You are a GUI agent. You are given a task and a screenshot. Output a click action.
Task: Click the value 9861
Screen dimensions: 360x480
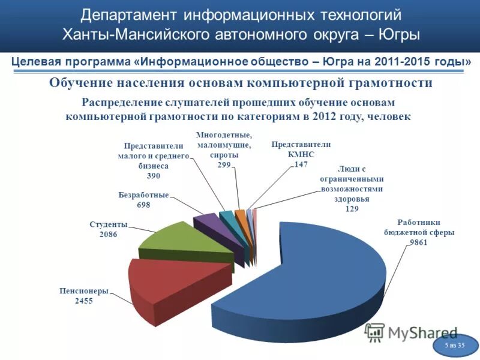418,242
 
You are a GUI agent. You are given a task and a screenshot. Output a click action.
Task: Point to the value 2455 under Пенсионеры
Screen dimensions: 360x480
83,301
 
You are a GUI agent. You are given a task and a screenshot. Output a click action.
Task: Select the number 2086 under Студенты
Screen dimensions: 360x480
108,234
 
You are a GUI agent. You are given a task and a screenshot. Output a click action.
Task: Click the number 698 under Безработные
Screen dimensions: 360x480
143,205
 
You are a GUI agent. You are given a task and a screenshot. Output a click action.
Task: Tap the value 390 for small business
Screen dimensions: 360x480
154,176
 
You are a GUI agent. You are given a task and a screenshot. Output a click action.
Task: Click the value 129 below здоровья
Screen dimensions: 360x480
352,208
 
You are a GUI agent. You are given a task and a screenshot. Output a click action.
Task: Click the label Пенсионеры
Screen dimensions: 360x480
84,291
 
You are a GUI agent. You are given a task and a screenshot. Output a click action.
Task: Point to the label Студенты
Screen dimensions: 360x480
109,224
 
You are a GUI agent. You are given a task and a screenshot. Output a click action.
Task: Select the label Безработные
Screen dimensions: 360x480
143,195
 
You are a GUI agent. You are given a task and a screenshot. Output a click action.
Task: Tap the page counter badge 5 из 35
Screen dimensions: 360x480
455,346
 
